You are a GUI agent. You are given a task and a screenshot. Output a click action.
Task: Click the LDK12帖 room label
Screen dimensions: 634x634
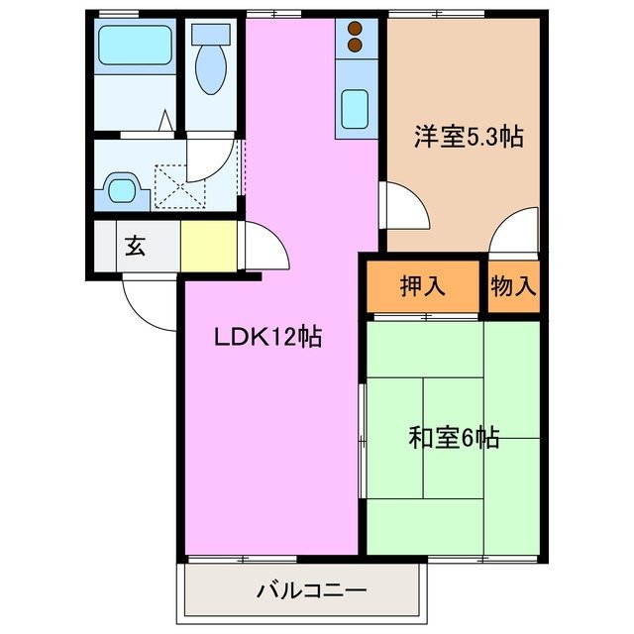[x=267, y=338]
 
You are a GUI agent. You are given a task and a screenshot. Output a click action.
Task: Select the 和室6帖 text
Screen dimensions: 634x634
[x=454, y=437]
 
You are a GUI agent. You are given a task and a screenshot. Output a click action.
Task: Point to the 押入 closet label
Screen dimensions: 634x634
[x=422, y=287]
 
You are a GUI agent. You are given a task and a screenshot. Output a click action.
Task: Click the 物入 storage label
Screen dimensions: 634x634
[x=513, y=287]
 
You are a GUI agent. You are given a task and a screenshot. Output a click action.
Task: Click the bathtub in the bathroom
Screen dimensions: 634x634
[x=135, y=46]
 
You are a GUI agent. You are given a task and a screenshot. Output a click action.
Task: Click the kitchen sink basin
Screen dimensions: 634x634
[x=356, y=109]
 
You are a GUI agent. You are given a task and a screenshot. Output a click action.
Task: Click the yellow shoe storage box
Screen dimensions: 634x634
[x=209, y=247]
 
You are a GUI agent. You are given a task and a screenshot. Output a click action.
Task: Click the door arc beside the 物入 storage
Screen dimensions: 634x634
[x=514, y=234]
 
